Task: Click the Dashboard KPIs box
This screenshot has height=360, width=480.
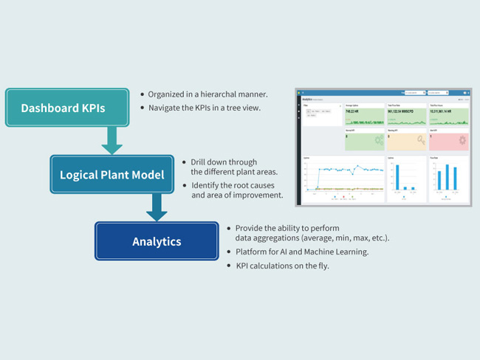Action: [x=63, y=108]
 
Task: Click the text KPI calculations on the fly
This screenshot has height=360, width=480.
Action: [x=282, y=265]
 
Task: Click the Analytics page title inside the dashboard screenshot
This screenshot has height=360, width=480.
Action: [x=307, y=98]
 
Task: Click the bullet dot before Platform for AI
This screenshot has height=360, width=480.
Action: [x=229, y=252]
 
